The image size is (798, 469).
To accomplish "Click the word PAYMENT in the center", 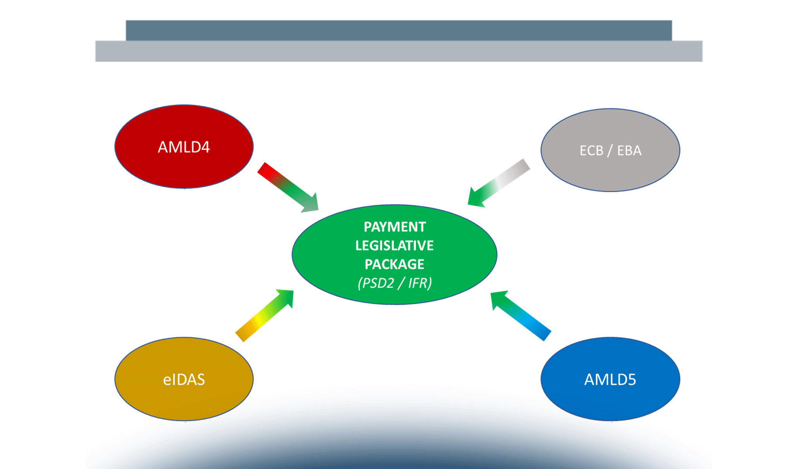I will (394, 227).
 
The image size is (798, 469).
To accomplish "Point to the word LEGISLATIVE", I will (394, 245).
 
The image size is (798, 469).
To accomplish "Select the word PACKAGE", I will (394, 264).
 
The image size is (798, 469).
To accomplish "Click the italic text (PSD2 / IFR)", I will (394, 283).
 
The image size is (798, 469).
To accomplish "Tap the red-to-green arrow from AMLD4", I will (286, 185).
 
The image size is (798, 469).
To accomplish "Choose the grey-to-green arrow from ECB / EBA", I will (501, 182).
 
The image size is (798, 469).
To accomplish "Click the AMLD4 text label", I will (184, 147).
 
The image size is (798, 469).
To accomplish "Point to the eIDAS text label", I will (184, 379).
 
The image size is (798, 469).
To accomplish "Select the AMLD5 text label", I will (610, 379).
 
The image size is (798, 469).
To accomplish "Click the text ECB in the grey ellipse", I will (591, 150).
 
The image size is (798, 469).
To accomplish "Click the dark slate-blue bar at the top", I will (399, 30).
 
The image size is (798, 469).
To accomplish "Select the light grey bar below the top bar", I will (399, 51).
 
